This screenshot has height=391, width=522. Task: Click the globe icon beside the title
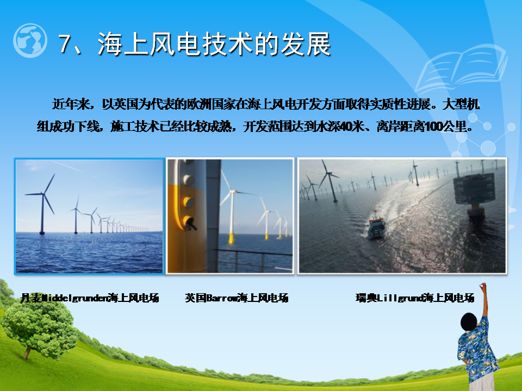tap(30, 40)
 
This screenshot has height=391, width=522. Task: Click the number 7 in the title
tap(66, 43)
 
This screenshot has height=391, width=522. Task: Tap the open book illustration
tap(461, 68)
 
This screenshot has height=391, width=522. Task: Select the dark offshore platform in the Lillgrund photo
tap(474, 194)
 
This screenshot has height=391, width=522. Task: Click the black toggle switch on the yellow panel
tap(189, 223)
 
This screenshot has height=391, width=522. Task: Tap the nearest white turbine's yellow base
tap(231, 239)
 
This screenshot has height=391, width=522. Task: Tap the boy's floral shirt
tap(477, 349)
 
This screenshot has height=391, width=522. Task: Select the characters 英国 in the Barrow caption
tap(195, 298)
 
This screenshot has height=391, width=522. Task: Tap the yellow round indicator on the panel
tap(189, 201)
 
